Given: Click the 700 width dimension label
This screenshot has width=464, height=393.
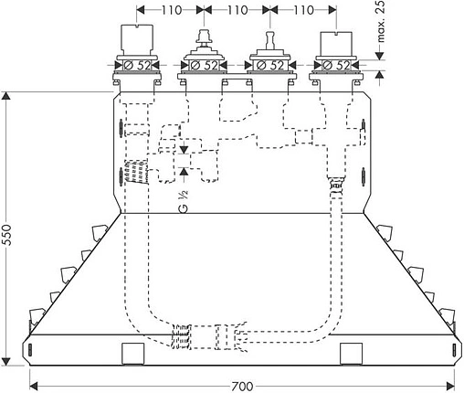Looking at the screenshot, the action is pos(242,387).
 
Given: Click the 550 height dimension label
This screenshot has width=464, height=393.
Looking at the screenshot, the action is pos(6,235).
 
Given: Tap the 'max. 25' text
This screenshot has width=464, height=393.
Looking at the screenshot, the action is pos(380,21).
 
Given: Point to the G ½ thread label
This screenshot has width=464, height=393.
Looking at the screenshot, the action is pos(184,201).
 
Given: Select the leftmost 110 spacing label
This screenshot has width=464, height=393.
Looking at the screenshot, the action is pos(172,10).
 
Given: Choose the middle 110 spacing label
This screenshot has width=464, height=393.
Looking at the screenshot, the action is pos(237,10).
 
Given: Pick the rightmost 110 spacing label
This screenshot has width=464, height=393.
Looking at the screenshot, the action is pos(303,10).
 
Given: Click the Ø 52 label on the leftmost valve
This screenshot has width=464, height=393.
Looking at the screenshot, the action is pos(138,65).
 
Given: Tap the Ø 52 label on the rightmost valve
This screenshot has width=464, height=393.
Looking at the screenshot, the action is pos(337,65).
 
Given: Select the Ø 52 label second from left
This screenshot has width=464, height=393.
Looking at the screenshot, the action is pos(204,65).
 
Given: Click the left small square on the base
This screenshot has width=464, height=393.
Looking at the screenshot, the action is pos(132,354).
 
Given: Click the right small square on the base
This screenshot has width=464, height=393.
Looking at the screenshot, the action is pos(351,354).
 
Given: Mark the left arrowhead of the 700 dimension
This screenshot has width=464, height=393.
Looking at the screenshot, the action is pos(33,387).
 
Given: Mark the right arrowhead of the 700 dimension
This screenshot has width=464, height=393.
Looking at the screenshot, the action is pos(450,387).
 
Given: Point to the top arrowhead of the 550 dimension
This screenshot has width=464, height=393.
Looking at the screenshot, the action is pos(6,96).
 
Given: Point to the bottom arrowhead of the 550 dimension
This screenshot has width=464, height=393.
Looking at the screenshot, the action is pos(6,361).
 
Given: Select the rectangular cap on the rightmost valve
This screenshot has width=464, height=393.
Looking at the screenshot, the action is pos(336,44).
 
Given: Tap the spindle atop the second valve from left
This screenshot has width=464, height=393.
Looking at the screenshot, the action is pos(204,39).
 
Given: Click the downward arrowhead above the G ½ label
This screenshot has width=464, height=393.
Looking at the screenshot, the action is pos(184,150).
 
